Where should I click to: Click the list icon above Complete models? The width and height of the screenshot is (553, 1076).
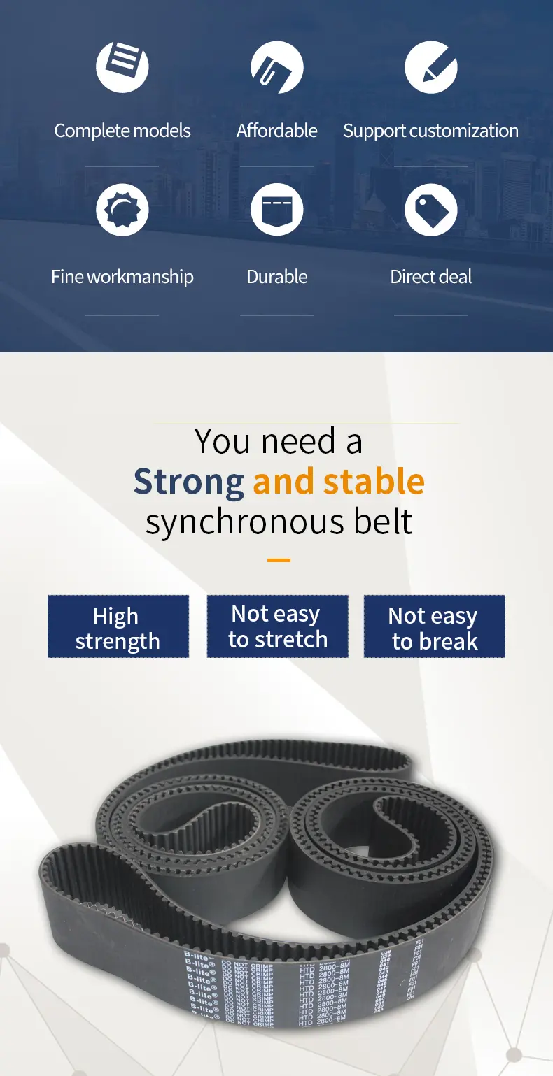click(122, 67)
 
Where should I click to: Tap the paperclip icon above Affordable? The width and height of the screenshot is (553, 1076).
click(276, 67)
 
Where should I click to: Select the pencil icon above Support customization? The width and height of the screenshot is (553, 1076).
click(430, 67)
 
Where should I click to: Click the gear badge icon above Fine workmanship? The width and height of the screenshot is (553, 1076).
click(122, 210)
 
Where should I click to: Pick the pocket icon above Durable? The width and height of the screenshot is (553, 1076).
click(276, 210)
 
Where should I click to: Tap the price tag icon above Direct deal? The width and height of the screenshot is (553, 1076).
click(430, 210)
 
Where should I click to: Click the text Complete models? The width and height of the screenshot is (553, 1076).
click(122, 131)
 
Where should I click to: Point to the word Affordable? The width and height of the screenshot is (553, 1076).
click(276, 131)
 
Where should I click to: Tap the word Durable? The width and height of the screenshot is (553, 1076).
click(276, 277)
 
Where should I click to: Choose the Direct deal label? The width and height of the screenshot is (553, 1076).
click(430, 277)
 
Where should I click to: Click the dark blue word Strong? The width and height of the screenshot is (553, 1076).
click(188, 482)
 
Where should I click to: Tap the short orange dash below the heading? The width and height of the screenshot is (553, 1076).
click(279, 560)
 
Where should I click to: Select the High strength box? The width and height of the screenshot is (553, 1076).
click(118, 626)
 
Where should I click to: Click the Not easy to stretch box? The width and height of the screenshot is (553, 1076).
click(277, 626)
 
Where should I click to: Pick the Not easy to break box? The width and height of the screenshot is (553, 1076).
click(434, 626)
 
